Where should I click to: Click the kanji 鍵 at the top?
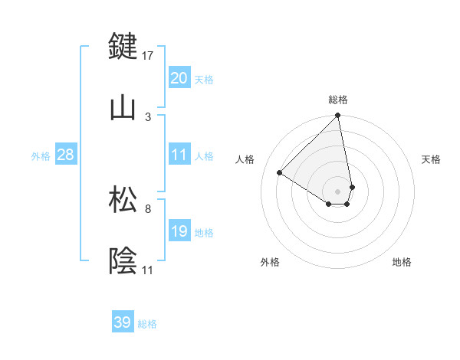[x=124, y=47]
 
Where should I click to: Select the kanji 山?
[x=124, y=108]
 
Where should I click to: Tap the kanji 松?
[x=124, y=200]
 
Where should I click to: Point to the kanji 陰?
[x=124, y=261]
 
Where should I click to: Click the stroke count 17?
[x=149, y=55]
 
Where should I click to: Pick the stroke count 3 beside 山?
[x=148, y=116]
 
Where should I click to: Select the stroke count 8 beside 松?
[x=148, y=208]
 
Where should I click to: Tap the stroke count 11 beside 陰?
[x=147, y=270]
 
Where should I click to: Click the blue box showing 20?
[x=179, y=78]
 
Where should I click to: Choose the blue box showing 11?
[x=179, y=155]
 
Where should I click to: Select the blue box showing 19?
[x=179, y=231]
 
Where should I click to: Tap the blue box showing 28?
[x=65, y=155]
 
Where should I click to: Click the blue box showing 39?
[x=122, y=322]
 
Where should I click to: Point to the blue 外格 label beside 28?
[x=41, y=156]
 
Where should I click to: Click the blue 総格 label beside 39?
[x=147, y=324]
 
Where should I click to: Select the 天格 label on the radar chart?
[x=432, y=159]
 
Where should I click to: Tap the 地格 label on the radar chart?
[x=402, y=262]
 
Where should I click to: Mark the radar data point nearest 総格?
[x=337, y=116]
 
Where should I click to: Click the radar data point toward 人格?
[x=281, y=173]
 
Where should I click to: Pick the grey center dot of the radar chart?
[x=337, y=191]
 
